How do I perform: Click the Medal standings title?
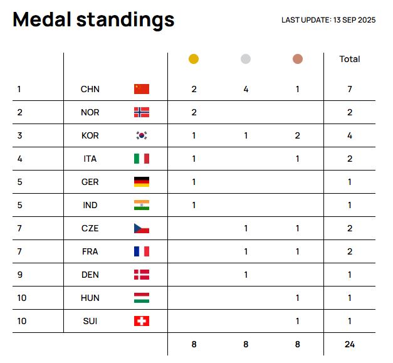coord(93,20)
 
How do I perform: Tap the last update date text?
coord(328,20)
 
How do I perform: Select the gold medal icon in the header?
coord(194,59)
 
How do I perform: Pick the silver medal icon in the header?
coord(246,59)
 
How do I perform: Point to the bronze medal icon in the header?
coord(297,59)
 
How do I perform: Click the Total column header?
coord(349,59)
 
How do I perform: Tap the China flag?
coord(142,89)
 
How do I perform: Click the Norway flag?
coord(142,112)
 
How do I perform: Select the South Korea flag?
coord(142,135)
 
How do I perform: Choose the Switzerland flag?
coord(142,321)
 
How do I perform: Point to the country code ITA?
coord(90,159)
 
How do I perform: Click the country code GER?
coord(90,182)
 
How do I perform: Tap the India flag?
coord(142,205)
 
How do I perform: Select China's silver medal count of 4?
coord(246,89)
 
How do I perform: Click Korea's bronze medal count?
coord(297,135)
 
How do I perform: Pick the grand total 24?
coord(349,344)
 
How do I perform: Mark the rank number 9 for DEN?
coord(19,275)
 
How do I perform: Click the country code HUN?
coord(90,298)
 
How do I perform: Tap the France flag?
coord(142,251)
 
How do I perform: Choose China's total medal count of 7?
coord(349,89)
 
